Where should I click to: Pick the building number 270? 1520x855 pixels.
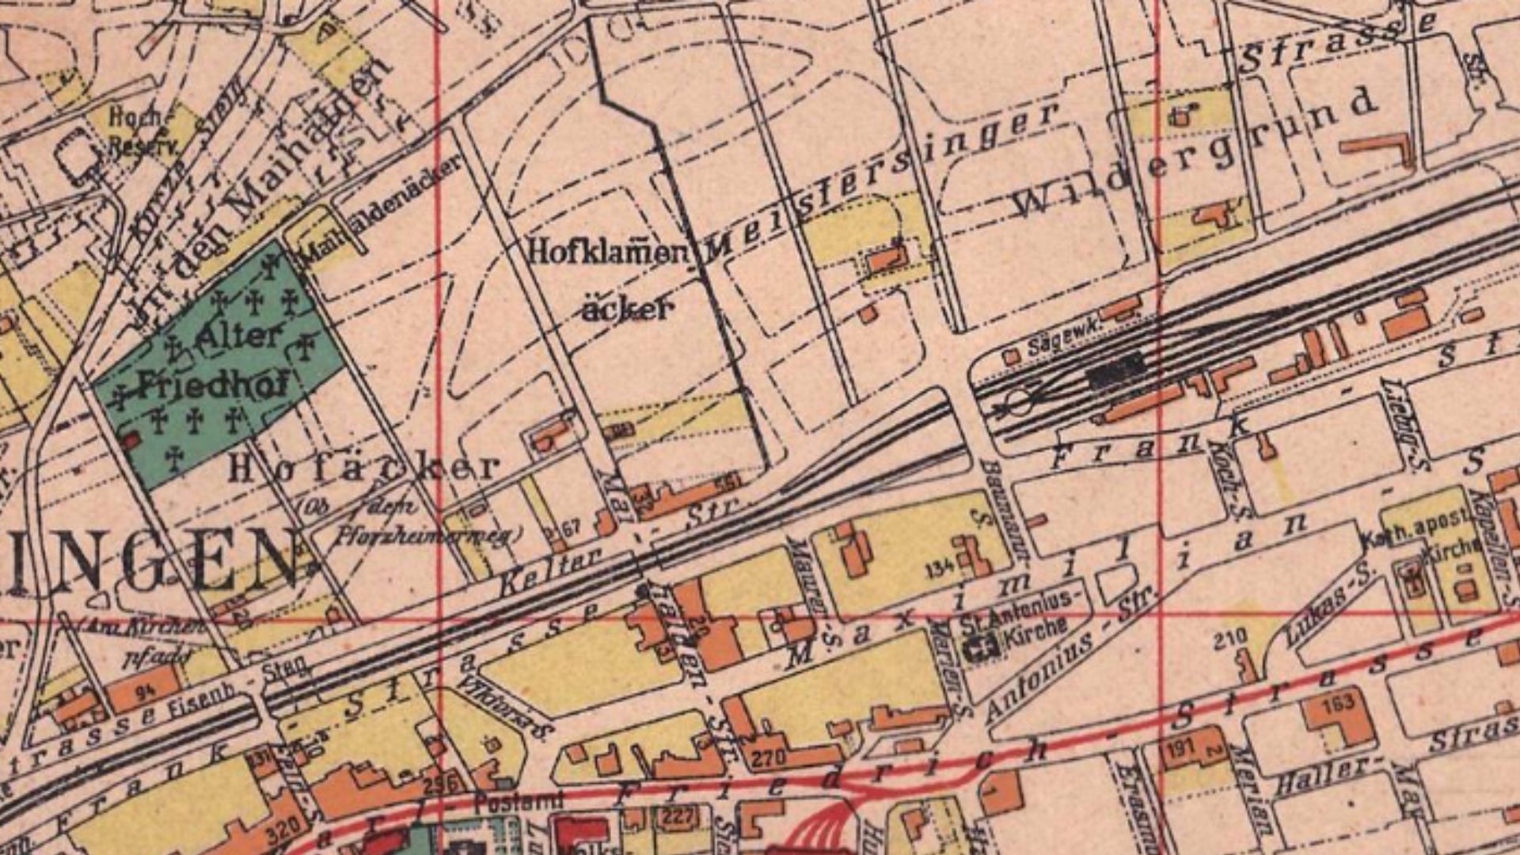pos(767,759)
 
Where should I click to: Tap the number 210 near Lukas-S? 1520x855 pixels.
pos(1230,638)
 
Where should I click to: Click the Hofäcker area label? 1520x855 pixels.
pos(364,469)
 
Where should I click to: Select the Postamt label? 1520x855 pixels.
pos(519,800)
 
